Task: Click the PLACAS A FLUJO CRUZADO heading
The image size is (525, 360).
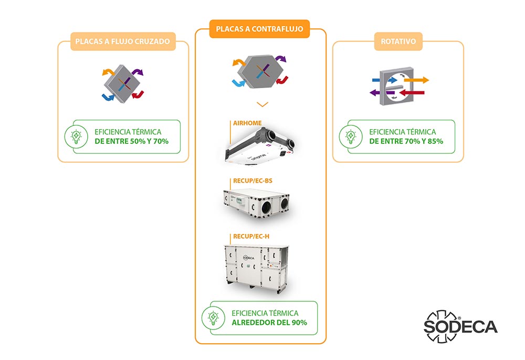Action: pos(123,41)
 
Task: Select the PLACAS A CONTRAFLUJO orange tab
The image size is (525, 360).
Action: pos(260,29)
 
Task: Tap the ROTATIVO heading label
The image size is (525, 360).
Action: pos(398,41)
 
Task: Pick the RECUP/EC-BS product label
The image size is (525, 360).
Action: pos(253,181)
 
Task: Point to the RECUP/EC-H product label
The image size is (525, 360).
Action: pos(251,236)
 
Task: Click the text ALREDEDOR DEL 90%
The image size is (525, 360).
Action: pos(269,322)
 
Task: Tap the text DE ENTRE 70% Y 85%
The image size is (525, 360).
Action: pos(406,141)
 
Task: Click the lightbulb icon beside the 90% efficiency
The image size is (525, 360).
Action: pos(214,318)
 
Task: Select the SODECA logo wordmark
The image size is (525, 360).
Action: pos(460,326)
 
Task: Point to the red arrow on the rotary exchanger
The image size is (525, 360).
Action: pos(415,93)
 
